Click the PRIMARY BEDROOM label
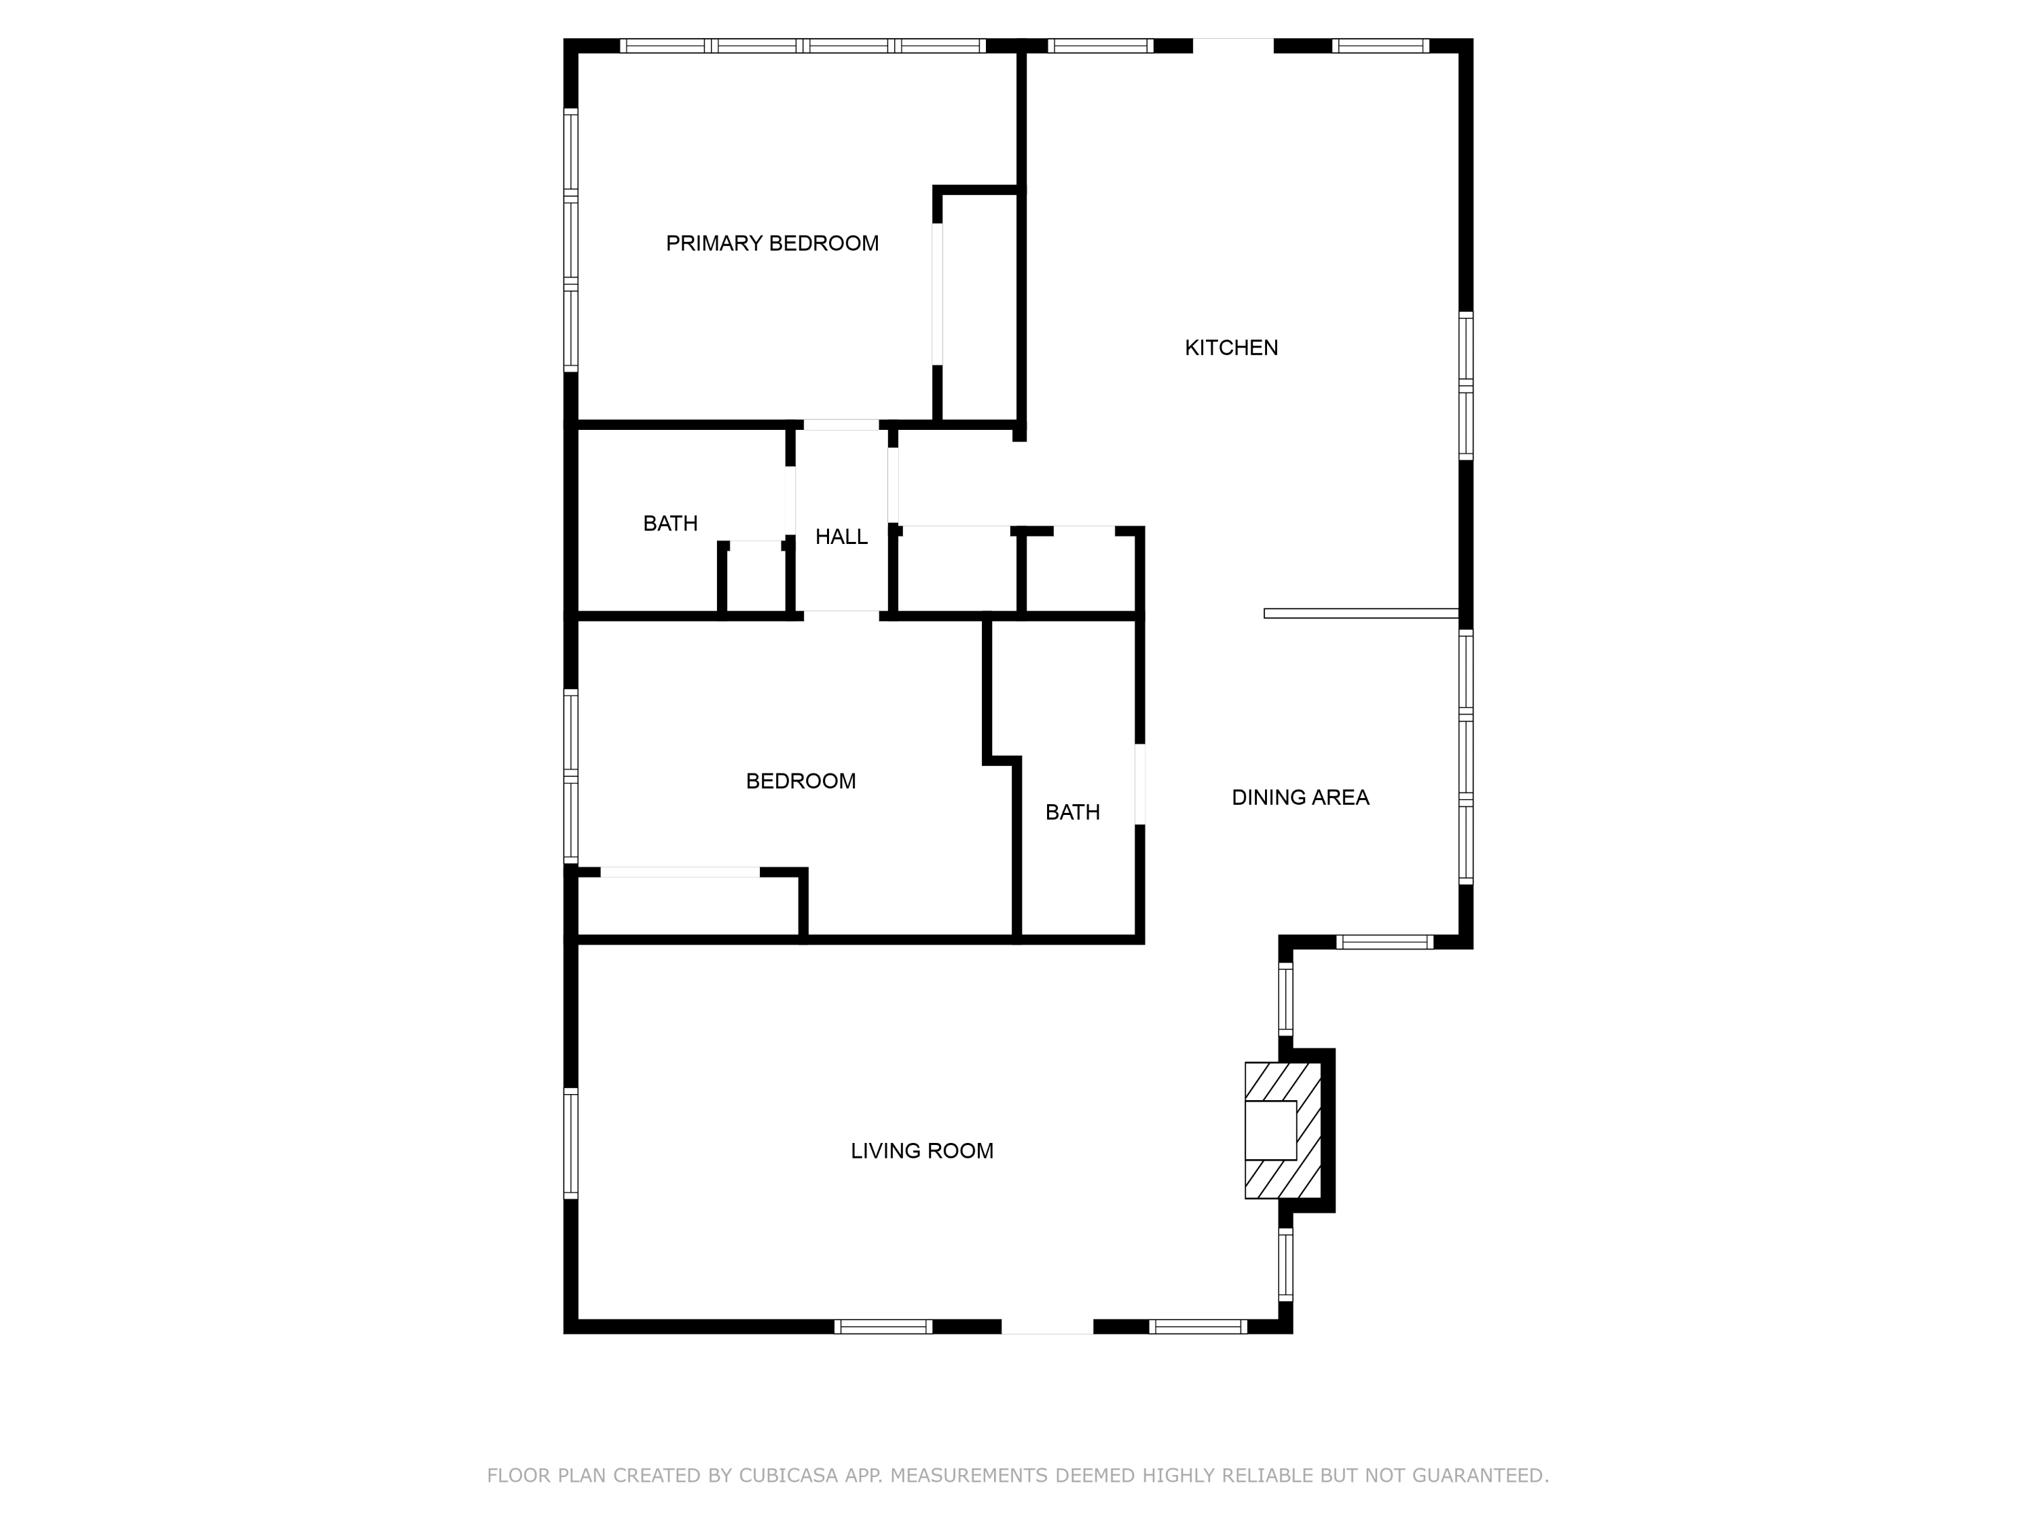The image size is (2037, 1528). [772, 243]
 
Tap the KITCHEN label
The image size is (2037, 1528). [1231, 348]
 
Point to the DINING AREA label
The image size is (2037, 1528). [1300, 798]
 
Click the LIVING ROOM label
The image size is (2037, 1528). [922, 1151]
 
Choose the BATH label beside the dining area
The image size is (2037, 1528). [1073, 812]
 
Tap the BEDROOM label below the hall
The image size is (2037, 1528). [801, 781]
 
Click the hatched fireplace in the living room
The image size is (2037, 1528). [1283, 1130]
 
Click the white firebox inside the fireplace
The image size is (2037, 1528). [1271, 1130]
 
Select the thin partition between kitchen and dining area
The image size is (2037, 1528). [1361, 613]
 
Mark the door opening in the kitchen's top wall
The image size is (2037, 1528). [1233, 45]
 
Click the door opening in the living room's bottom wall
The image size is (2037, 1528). [1047, 1326]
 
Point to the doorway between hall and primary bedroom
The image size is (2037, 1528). [841, 424]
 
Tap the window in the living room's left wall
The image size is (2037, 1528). [571, 1143]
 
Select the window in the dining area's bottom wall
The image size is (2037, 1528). [1385, 941]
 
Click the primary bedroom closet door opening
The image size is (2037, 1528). [938, 294]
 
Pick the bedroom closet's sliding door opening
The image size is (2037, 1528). [680, 872]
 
